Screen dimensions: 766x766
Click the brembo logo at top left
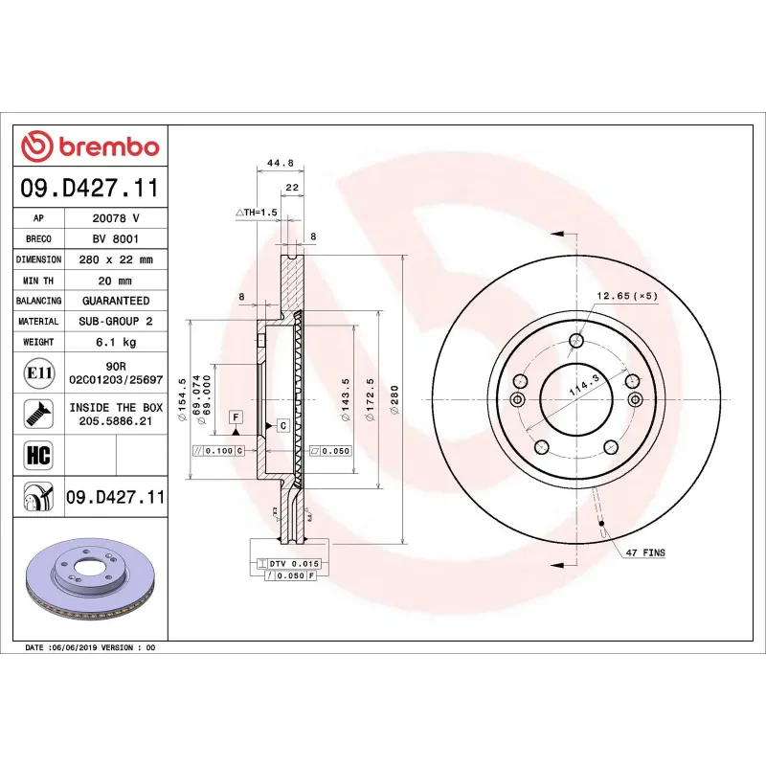[90, 146]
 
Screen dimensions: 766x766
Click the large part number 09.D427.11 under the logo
[90, 187]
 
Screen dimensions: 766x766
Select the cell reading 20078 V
[116, 218]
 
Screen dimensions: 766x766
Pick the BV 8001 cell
[116, 238]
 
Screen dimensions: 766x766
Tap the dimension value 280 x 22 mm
[116, 259]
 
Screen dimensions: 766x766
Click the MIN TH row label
[38, 281]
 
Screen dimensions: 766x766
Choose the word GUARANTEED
[116, 301]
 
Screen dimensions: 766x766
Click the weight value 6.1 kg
[116, 342]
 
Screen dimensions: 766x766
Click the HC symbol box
[37, 454]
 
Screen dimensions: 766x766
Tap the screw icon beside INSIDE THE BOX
[37, 414]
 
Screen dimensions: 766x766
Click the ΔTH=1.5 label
[256, 211]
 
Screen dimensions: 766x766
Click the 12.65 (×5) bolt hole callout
[627, 296]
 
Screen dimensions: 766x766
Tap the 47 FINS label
[645, 553]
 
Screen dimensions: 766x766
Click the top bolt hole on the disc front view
[576, 341]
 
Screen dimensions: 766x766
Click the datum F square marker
[235, 416]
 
